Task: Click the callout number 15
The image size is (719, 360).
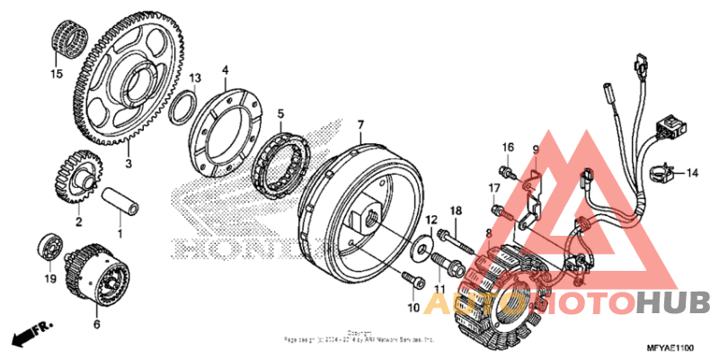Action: pos(57,75)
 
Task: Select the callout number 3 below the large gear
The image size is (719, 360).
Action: pos(129,164)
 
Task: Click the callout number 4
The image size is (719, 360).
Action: pos(226,69)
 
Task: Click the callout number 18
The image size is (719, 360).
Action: pos(456,210)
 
